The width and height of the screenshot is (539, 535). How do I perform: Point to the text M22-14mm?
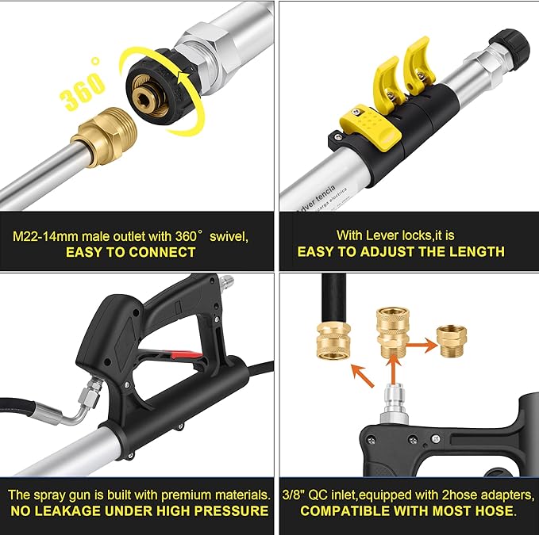tap(47, 236)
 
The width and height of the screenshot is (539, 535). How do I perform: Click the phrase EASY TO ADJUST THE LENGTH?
tap(401, 252)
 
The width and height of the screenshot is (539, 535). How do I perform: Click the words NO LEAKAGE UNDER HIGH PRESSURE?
tap(138, 511)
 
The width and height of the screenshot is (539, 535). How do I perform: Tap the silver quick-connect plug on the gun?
tap(391, 407)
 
